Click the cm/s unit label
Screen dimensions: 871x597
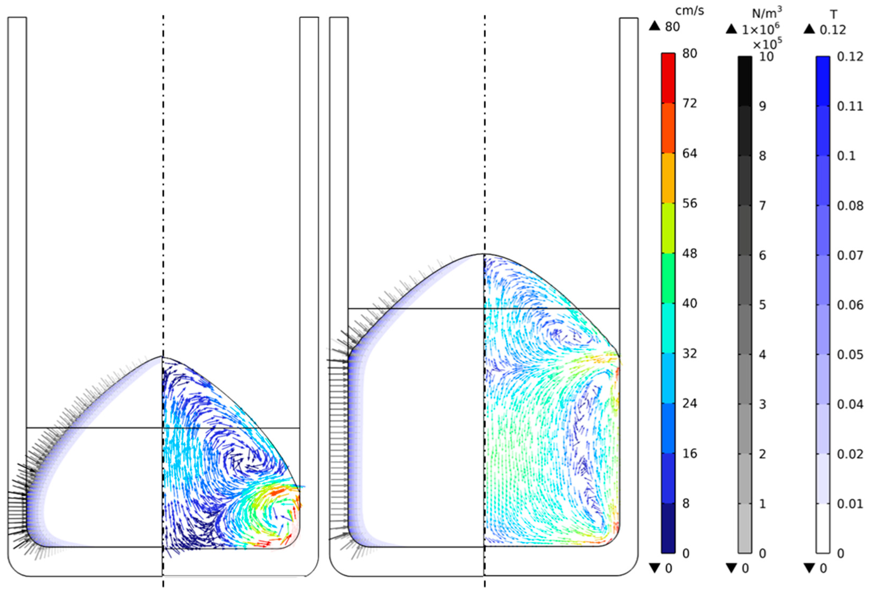(689, 11)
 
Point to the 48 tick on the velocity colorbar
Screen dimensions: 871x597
(689, 254)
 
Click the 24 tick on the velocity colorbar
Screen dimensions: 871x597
(689, 404)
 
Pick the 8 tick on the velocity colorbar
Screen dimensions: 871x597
(686, 503)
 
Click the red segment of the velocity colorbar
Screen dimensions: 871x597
(668, 78)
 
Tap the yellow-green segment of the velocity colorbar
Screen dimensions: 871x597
(668, 228)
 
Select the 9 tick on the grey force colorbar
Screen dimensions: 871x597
(763, 106)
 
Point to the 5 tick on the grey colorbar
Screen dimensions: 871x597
(763, 305)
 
